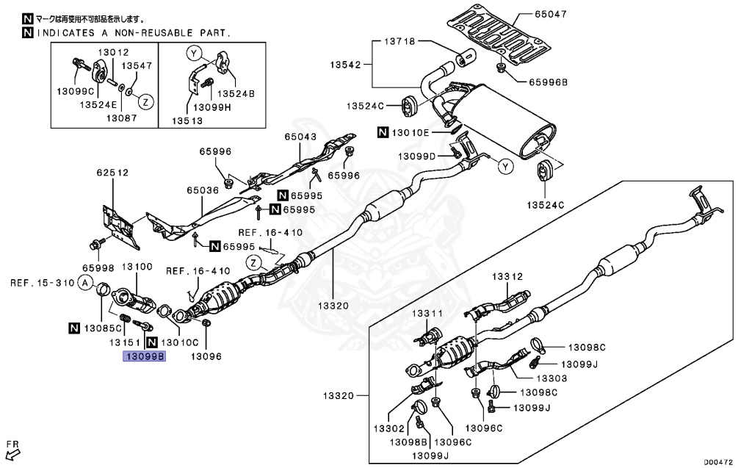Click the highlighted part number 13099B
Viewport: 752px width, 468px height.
click(x=145, y=357)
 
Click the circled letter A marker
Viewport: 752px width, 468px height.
click(x=86, y=283)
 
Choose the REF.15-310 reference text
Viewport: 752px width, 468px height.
click(x=40, y=283)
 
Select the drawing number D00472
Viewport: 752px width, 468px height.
click(x=720, y=461)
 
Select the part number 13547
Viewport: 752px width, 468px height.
click(x=137, y=66)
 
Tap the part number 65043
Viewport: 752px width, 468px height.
click(x=301, y=137)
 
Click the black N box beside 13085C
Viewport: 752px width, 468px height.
click(x=74, y=327)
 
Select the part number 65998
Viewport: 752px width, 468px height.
click(x=95, y=269)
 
